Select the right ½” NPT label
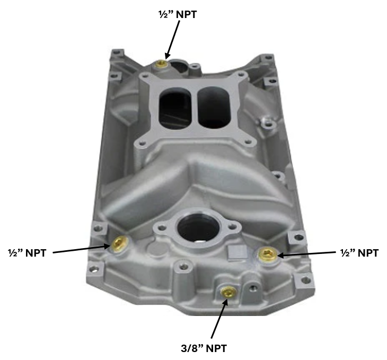[x=359, y=253]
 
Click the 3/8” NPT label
[x=205, y=348]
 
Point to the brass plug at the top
[x=161, y=65]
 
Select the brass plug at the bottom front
[x=228, y=292]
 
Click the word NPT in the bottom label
[x=216, y=348]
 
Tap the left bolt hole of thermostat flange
[x=161, y=230]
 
